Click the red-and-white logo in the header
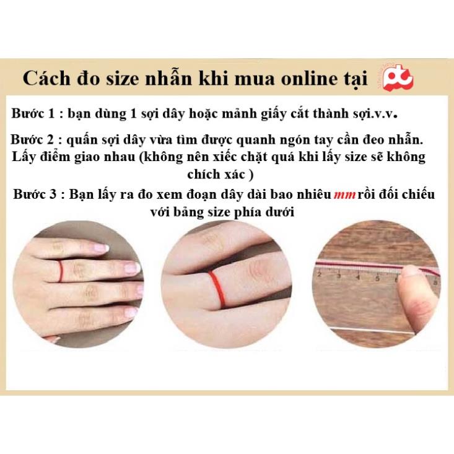point(397,77)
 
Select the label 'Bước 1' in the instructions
point(33,113)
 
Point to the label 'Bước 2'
point(32,139)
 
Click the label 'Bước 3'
point(35,194)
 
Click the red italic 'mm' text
point(344,195)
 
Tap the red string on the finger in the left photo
point(61,271)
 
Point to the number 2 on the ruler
point(320,274)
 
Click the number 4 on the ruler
point(358,277)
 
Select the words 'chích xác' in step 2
point(220,175)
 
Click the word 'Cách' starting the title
point(46,79)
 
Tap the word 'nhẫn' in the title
point(168,78)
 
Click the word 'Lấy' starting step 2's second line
point(22,157)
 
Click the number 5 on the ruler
point(377,278)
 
